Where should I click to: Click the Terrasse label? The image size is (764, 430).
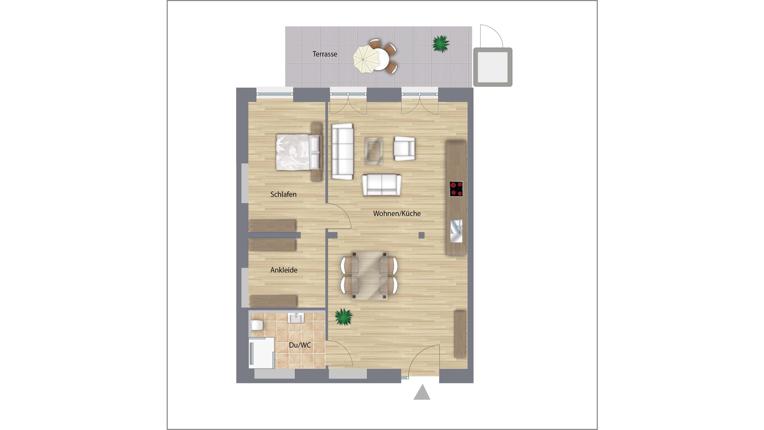coord(325,54)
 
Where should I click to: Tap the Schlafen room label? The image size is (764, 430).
coord(283,194)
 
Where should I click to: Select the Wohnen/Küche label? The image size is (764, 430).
coord(397,214)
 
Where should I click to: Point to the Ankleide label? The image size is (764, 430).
coord(284,270)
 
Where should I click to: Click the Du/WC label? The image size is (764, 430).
coord(300,345)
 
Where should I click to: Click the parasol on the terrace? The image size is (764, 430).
coord(366,59)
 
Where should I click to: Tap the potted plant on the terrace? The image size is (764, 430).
coord(441,44)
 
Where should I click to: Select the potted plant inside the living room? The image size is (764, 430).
coord(343,317)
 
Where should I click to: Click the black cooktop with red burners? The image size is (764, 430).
coord(456,189)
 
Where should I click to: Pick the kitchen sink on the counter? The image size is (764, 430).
coord(456,231)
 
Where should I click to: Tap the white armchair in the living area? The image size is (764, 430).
coord(405,149)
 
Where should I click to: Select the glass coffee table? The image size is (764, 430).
coord(374,151)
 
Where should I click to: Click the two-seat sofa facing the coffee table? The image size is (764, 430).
coord(382,185)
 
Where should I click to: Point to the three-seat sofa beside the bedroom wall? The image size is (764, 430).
coord(342,151)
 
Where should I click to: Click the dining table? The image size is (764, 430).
coord(369,275)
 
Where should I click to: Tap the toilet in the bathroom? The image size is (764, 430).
coord(257,325)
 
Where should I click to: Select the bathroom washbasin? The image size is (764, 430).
coord(296,318)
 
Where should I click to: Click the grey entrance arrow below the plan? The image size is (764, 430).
coord(422,392)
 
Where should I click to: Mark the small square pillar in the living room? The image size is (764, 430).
coord(421,235)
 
